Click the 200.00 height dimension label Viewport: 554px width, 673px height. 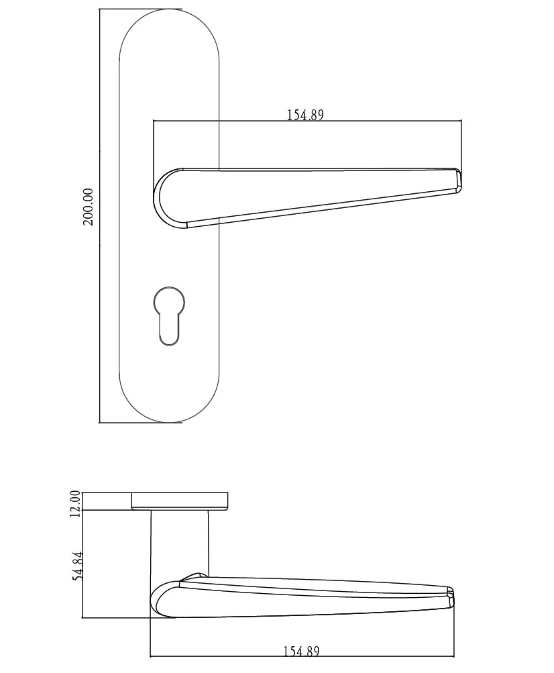[x=88, y=207]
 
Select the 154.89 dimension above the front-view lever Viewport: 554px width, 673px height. [x=305, y=115]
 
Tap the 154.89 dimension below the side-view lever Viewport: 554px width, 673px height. [x=302, y=651]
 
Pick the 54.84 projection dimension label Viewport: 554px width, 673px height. [x=78, y=566]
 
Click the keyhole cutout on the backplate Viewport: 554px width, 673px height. [x=168, y=315]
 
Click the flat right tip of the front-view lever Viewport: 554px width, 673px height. [x=458, y=179]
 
